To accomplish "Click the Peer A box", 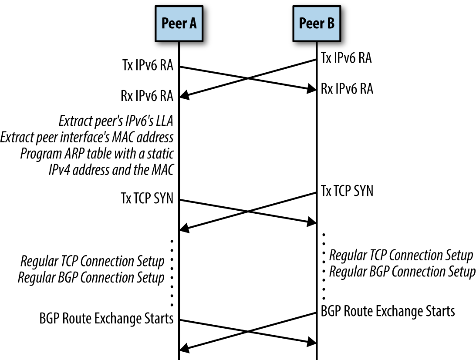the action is point(179,24).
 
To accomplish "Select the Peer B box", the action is point(317,24).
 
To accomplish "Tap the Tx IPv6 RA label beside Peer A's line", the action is point(148,65).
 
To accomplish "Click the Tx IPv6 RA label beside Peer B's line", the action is point(346,57).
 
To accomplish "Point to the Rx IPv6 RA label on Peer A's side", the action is point(147,96).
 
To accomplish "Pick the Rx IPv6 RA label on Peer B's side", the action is point(347,89).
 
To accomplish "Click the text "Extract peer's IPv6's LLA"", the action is point(116,121).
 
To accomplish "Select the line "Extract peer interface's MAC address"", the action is point(87,137).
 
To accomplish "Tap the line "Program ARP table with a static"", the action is point(97,154).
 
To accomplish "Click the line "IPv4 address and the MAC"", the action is point(111,170).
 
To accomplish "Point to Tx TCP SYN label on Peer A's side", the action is point(147,198).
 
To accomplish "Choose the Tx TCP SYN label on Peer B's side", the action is point(347,191).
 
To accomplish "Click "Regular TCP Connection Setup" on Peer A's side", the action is point(92,261).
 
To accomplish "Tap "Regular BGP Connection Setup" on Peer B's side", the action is point(402,271).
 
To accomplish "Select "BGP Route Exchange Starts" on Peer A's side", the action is point(106,318).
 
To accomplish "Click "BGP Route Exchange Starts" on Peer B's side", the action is point(388,311).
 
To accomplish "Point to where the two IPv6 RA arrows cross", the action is point(248,78).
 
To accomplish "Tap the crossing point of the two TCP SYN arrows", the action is point(248,211).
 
